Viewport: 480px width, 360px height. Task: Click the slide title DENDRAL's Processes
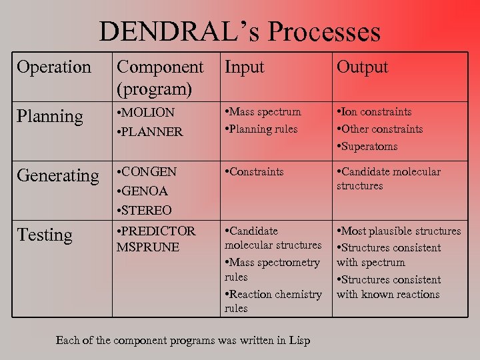240,32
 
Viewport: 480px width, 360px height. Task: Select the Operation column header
54,67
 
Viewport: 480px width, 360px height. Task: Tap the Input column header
244,67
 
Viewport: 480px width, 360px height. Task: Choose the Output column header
362,67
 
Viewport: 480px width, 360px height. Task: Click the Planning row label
50,117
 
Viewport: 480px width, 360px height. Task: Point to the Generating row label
57,175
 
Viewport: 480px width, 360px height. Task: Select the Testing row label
45,235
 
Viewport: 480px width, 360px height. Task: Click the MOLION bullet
147,113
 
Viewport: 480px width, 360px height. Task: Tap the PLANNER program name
151,132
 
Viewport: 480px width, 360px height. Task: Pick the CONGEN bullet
149,172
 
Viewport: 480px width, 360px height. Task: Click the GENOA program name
145,191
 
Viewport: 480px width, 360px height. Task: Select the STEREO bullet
146,211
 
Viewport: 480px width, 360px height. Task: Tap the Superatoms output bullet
369,146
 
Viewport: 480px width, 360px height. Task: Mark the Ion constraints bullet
376,112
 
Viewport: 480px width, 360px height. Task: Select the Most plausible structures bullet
400,231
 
